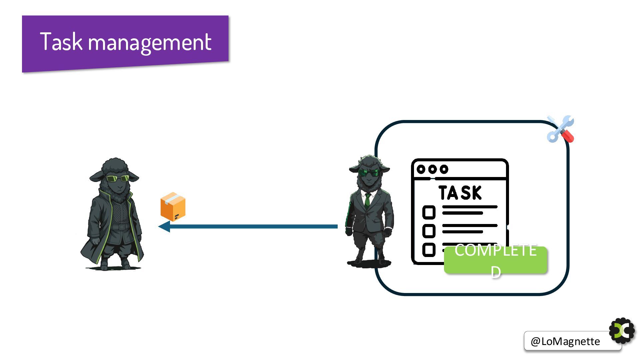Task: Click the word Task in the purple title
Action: [x=61, y=42]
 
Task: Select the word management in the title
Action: [x=149, y=43]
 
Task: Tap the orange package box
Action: [x=173, y=207]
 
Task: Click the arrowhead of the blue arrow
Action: [x=164, y=227]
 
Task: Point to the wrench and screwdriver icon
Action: [x=560, y=129]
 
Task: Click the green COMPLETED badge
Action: [x=495, y=260]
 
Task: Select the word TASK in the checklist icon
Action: [x=460, y=193]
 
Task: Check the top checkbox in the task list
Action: [x=429, y=212]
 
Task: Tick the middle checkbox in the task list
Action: [x=429, y=231]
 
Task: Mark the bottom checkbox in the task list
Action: [x=429, y=250]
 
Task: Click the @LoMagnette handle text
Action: [x=565, y=341]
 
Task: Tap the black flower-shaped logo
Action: [x=622, y=331]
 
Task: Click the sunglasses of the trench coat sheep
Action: [x=118, y=179]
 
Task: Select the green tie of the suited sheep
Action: [x=367, y=200]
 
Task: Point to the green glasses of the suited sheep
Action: [x=369, y=173]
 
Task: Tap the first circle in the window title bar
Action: [x=421, y=169]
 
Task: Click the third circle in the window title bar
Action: [x=444, y=169]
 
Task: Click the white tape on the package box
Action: [x=172, y=199]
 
